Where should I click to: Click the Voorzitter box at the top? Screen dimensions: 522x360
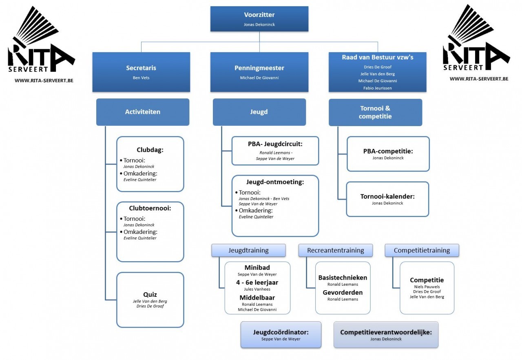pyautogui.click(x=259, y=19)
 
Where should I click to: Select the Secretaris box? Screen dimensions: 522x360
pyautogui.click(x=141, y=72)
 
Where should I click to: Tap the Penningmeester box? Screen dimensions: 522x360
pyautogui.click(x=259, y=72)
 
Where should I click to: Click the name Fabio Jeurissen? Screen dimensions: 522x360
pyautogui.click(x=377, y=88)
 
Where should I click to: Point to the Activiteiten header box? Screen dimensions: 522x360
pyautogui.click(x=143, y=112)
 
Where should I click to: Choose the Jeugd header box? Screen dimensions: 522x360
pyautogui.click(x=259, y=112)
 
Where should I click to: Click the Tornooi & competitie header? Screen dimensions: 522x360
pyautogui.click(x=375, y=112)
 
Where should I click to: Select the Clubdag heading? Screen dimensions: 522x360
pyautogui.click(x=150, y=150)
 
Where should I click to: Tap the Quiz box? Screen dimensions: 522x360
pyautogui.click(x=150, y=300)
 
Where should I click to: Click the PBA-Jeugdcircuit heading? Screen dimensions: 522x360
pyautogui.click(x=275, y=144)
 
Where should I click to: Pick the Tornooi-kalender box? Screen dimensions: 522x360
pyautogui.click(x=387, y=199)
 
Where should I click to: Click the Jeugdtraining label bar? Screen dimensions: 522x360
pyautogui.click(x=248, y=251)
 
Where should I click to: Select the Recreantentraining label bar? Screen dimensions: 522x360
pyautogui.click(x=336, y=251)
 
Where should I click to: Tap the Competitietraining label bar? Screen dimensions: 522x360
pyautogui.click(x=422, y=251)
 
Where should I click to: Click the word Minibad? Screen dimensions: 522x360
pyautogui.click(x=257, y=268)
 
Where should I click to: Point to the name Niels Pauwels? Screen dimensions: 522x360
pyautogui.click(x=427, y=287)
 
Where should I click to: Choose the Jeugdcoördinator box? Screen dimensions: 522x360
pyautogui.click(x=281, y=335)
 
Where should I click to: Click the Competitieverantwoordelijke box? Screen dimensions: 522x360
pyautogui.click(x=386, y=335)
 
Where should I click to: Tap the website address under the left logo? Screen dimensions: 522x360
pyautogui.click(x=44, y=81)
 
